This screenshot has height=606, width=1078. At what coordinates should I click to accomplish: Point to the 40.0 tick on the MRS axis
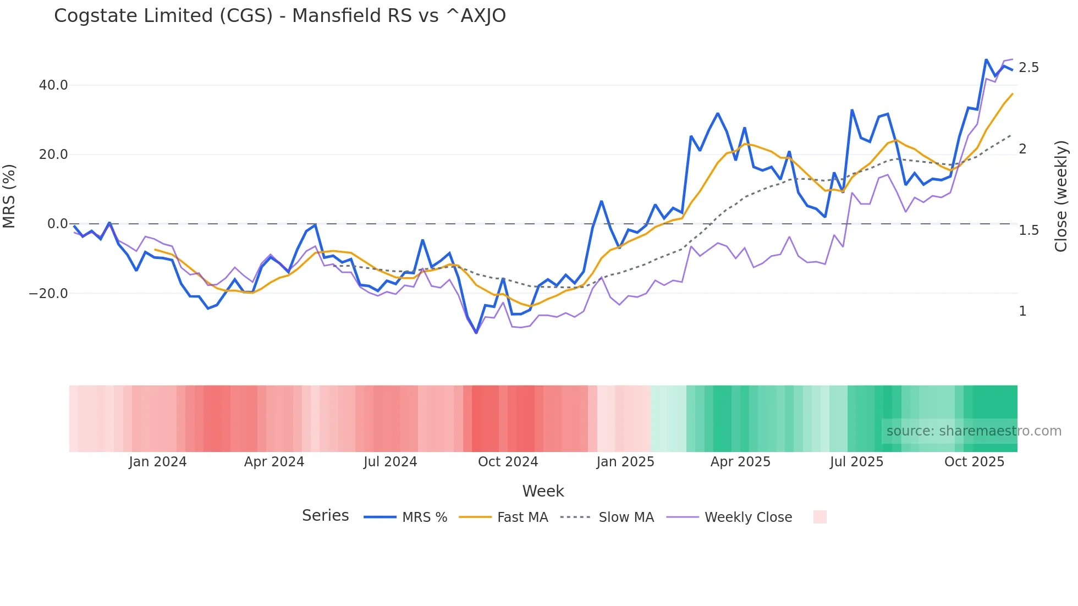tap(53, 85)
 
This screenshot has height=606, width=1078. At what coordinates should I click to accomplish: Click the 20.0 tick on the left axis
tap(53, 155)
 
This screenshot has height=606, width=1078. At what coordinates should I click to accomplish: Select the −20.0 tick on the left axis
tap(48, 294)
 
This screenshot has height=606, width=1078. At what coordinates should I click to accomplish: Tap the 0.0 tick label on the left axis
tap(57, 224)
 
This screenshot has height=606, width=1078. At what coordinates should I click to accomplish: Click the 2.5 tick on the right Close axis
tap(1028, 68)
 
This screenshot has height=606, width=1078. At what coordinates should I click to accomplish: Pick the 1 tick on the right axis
tap(1022, 311)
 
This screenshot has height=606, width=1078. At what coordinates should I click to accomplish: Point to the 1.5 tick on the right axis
tap(1028, 230)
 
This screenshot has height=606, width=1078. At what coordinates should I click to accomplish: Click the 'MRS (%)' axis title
tap(9, 196)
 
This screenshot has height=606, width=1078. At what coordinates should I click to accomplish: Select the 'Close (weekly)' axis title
tap(1061, 196)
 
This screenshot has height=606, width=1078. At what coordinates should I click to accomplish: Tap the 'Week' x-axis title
tap(543, 491)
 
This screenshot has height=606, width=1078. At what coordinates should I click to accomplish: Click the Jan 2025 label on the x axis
tap(625, 462)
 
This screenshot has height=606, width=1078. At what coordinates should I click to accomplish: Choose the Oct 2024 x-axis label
tap(508, 462)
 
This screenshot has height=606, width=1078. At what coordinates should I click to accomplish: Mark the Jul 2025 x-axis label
tap(856, 462)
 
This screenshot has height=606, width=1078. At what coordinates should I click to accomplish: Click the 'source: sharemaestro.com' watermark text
tap(974, 431)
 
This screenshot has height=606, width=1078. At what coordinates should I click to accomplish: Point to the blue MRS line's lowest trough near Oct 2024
tap(476, 332)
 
